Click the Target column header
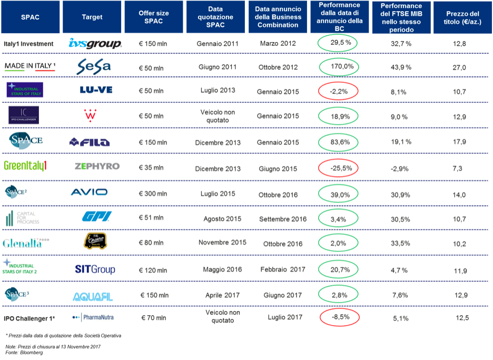click(x=92, y=17)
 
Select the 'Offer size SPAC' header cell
click(x=153, y=17)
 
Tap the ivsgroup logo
click(x=95, y=44)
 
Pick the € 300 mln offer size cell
click(x=153, y=194)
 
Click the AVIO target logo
click(x=89, y=192)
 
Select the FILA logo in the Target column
click(x=90, y=142)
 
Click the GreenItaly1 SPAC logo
click(x=25, y=166)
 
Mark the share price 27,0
click(x=459, y=67)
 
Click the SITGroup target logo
click(x=95, y=269)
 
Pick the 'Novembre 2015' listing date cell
click(x=222, y=242)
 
